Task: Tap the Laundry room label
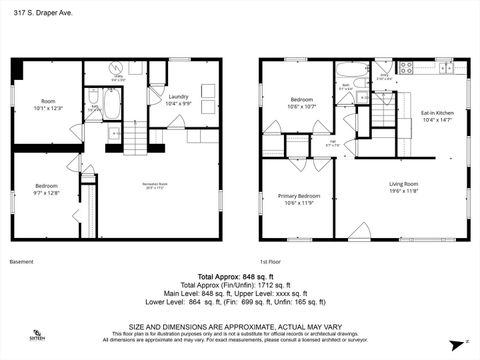tap(179, 100)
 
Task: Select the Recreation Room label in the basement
tap(154, 186)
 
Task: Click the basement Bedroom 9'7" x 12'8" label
tap(47, 189)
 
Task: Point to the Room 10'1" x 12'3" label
tap(48, 104)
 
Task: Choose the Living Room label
tap(403, 186)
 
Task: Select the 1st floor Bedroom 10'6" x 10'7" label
tap(302, 104)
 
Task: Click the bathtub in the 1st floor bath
tap(353, 70)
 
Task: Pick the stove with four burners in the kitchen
tap(406, 68)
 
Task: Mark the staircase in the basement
tap(135, 137)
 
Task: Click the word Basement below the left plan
tap(21, 262)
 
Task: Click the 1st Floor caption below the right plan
tap(271, 262)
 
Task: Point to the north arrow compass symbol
tap(465, 343)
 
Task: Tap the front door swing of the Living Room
tap(359, 232)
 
